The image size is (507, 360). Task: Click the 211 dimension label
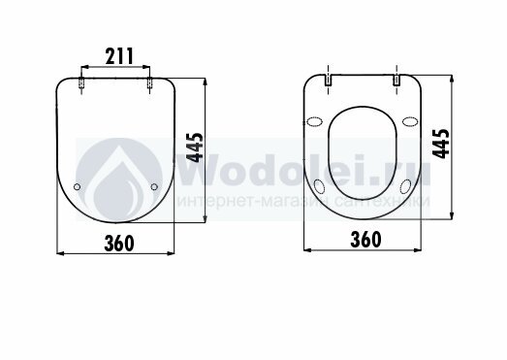click(119, 56)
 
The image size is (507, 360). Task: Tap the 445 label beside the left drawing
click(195, 147)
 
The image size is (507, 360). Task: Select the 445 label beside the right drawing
click(441, 144)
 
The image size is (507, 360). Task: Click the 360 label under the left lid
click(119, 244)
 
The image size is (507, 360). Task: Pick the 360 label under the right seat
click(366, 240)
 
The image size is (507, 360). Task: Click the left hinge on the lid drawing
click(81, 82)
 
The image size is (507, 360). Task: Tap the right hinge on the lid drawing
click(149, 82)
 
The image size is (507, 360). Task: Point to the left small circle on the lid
click(77, 187)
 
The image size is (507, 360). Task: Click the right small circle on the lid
click(154, 187)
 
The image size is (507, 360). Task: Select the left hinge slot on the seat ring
click(329, 80)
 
